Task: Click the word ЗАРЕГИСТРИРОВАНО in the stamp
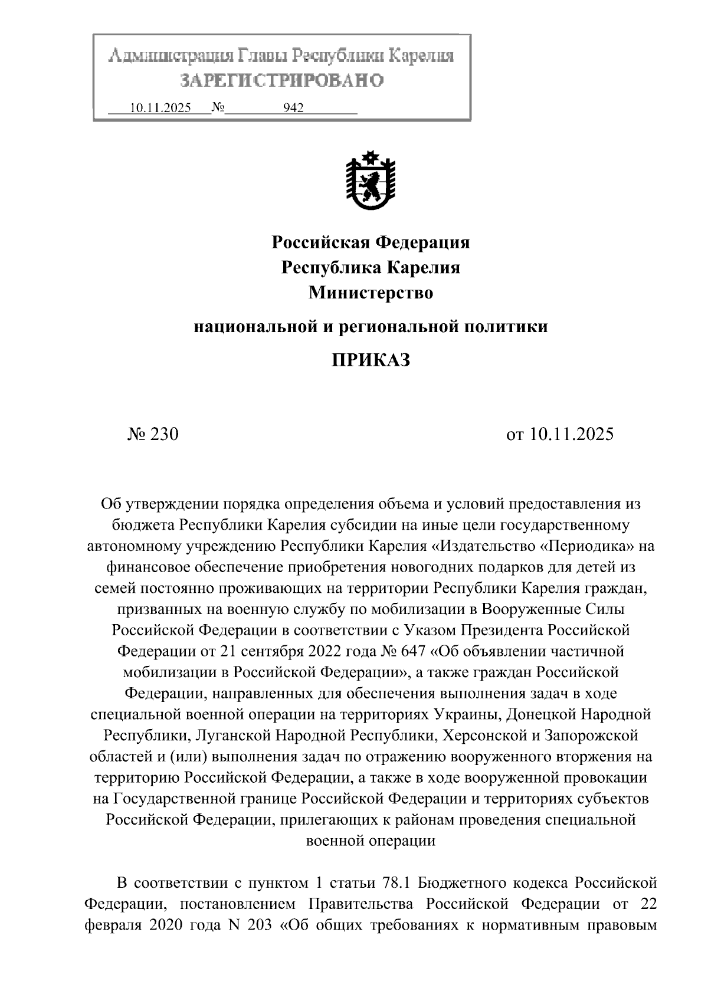[281, 80]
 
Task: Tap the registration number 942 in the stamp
[293, 108]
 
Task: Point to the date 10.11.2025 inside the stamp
[160, 108]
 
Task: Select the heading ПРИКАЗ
[371, 360]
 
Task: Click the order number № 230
[153, 434]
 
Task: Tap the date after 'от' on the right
[571, 434]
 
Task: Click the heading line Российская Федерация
[371, 242]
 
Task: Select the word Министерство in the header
[371, 293]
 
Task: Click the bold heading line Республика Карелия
[371, 268]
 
